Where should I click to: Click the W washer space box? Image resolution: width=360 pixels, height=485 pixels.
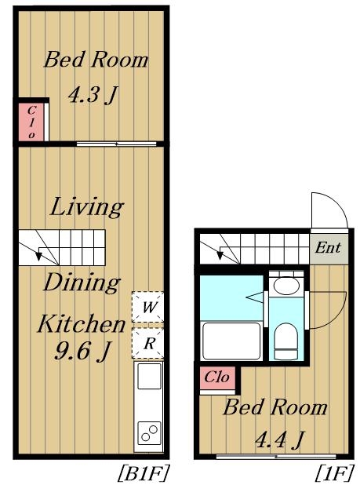[147, 307]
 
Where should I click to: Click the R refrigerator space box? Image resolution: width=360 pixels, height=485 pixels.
[147, 343]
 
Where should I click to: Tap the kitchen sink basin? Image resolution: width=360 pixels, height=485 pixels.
[149, 376]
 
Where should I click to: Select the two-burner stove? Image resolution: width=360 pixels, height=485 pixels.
[149, 432]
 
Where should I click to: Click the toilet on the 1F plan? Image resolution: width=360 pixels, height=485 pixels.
[286, 341]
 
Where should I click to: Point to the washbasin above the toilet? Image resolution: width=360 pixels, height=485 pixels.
[286, 286]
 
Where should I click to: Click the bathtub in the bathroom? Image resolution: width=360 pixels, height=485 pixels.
[231, 341]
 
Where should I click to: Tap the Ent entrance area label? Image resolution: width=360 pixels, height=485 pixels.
[328, 248]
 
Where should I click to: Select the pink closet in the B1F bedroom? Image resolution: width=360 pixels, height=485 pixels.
[31, 122]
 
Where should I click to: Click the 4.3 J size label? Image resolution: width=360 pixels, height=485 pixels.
[93, 95]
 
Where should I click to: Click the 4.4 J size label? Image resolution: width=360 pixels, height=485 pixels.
[280, 439]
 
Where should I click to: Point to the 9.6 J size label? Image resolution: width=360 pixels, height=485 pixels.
[82, 352]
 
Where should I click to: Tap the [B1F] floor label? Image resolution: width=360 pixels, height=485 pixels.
[144, 473]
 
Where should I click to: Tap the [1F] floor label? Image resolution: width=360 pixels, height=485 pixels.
[335, 473]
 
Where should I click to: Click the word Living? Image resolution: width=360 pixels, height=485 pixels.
[87, 207]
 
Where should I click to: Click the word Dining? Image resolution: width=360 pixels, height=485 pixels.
[82, 283]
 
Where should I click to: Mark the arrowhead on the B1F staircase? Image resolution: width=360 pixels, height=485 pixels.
[39, 256]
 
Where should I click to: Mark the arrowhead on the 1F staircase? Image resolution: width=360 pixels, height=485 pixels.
[220, 255]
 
